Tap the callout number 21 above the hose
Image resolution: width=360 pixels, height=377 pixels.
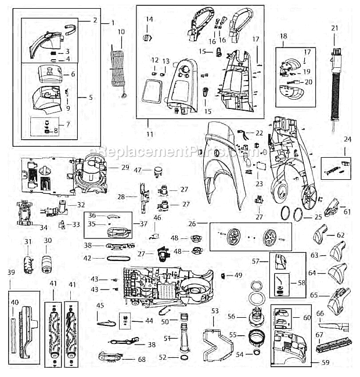pos(334,28)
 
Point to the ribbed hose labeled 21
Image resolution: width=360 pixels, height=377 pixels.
pos(335,87)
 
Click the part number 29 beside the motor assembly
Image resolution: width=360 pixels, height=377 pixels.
pos(125,168)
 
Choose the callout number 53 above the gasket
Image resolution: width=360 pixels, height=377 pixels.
pos(215,311)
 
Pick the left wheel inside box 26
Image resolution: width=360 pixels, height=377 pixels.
pos(235,237)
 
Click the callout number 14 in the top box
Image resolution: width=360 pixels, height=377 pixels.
pos(149,20)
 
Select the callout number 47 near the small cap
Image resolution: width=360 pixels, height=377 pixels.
pos(138,170)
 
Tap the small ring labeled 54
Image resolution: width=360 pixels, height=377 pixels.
pos(254,354)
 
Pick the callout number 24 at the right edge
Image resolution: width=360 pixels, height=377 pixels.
pos(347,139)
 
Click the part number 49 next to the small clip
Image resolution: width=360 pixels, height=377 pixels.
pos(238,275)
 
